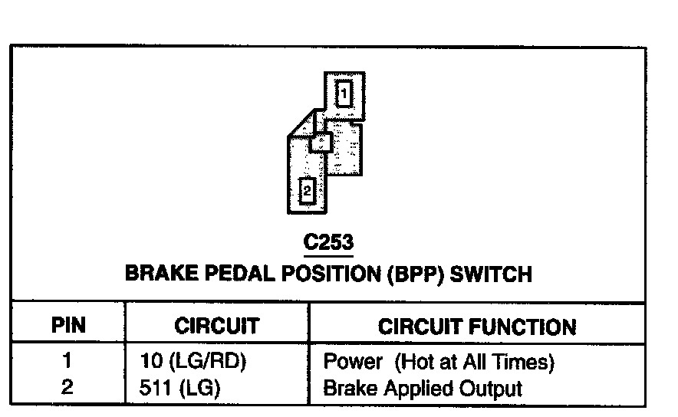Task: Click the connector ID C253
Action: click(x=328, y=243)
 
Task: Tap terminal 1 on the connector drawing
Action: click(x=344, y=94)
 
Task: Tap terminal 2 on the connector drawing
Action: click(x=307, y=191)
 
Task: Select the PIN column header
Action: click(x=67, y=325)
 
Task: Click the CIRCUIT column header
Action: click(x=216, y=326)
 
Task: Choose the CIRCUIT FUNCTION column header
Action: click(x=476, y=327)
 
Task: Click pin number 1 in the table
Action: click(x=67, y=360)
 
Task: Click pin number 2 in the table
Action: click(x=67, y=387)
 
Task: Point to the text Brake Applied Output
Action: click(x=423, y=388)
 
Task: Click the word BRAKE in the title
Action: click(x=160, y=274)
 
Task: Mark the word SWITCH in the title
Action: click(x=492, y=274)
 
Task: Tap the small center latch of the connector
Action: click(x=321, y=142)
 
